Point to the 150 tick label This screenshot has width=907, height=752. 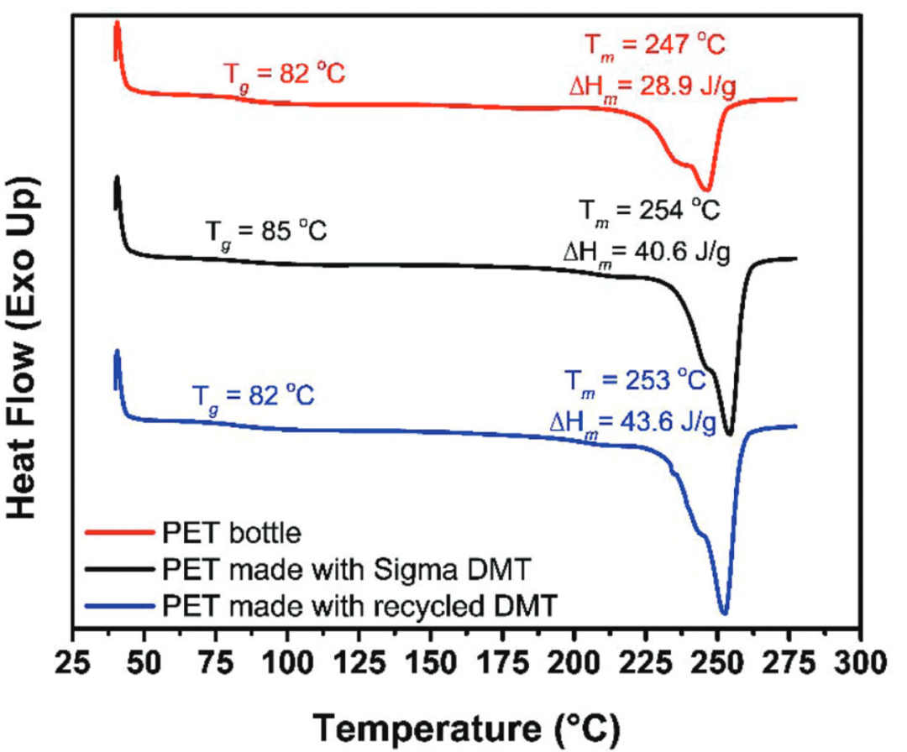click(x=431, y=655)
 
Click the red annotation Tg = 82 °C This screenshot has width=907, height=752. click(x=284, y=74)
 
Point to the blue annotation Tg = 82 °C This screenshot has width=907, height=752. click(x=253, y=394)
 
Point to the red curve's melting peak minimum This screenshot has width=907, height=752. click(x=707, y=191)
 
